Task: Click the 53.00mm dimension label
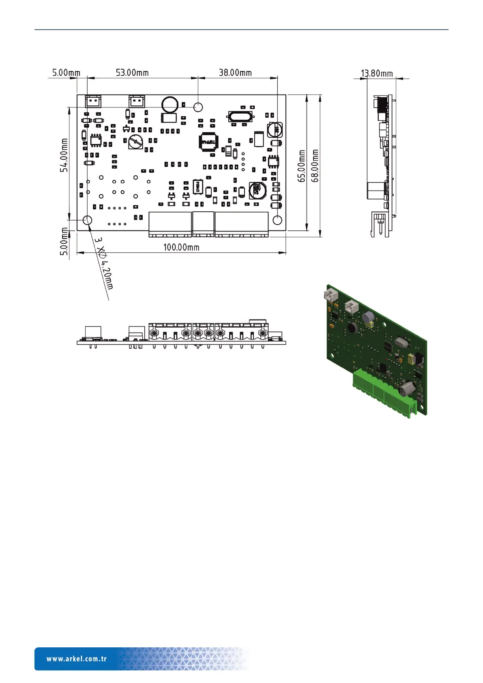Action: point(132,73)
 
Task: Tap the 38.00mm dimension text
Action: point(235,73)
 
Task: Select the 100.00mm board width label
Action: point(181,247)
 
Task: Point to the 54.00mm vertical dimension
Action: point(64,155)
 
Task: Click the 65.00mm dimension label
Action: point(302,165)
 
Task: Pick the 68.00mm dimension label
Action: point(316,165)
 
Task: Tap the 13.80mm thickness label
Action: point(377,73)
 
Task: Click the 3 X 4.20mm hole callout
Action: point(104,264)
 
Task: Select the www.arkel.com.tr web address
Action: point(77,659)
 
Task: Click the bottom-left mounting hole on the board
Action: point(88,220)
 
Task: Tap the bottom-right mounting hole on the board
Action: point(277,220)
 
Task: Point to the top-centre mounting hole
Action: point(198,107)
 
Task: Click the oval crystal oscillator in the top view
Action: point(241,117)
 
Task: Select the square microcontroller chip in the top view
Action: point(208,142)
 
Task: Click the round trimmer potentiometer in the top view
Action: point(136,143)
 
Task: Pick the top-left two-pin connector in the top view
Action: point(93,101)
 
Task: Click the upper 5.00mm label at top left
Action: point(66,73)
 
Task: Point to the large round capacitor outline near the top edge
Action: point(170,105)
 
